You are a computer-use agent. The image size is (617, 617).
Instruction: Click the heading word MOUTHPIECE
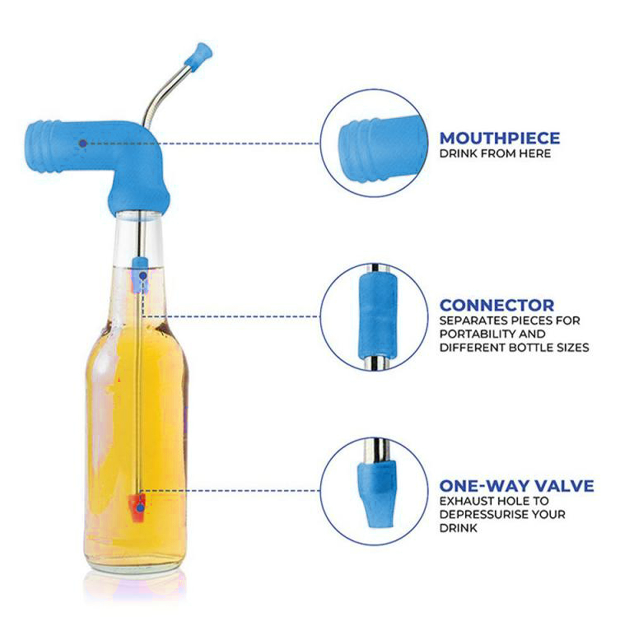[x=499, y=138]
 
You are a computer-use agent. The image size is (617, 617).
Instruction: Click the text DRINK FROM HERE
[x=495, y=154]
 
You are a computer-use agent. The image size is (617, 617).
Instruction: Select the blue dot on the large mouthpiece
[x=83, y=143]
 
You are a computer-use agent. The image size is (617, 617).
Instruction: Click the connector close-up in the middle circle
[x=377, y=317]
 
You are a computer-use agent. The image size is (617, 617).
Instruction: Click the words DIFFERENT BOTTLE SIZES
[x=514, y=348]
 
